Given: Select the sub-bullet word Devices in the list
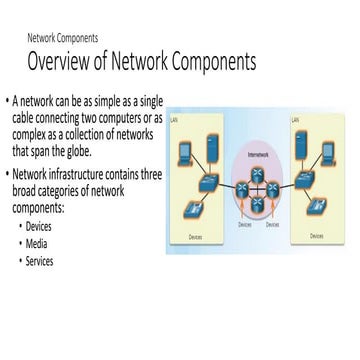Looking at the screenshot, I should (41, 228).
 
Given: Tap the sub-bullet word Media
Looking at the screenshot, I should (38, 245).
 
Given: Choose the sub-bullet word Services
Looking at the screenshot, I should (40, 262).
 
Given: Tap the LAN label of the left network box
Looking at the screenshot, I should (175, 117).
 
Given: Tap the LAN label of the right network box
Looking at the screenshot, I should (295, 118).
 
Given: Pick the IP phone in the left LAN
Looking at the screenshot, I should (191, 209).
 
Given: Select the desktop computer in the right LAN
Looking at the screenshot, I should (325, 152).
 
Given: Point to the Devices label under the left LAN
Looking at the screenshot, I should (196, 236).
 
